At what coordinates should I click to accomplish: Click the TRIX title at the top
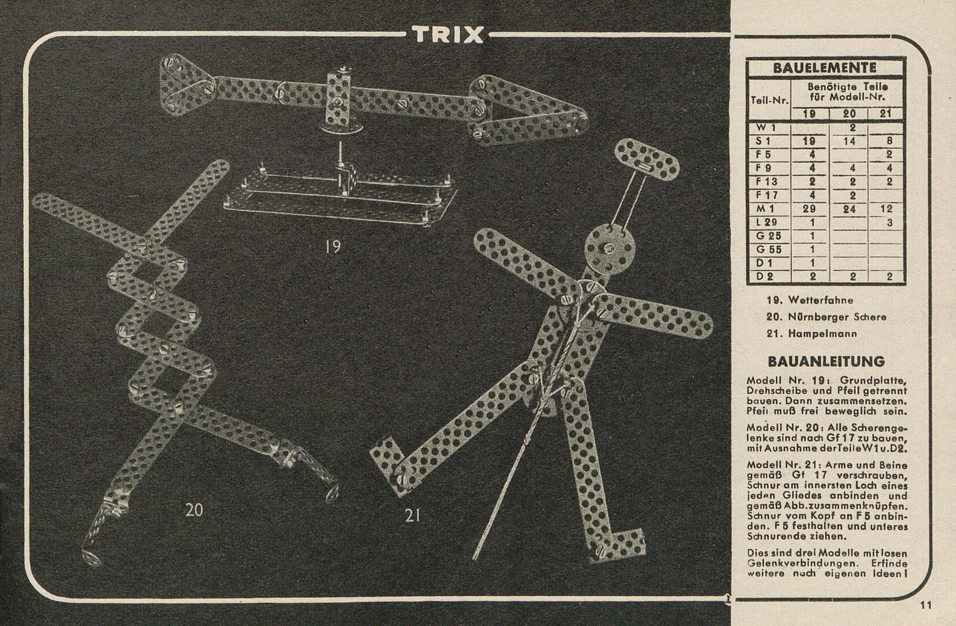448,35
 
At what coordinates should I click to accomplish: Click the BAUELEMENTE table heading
825,68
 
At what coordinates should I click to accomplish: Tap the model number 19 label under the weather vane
332,247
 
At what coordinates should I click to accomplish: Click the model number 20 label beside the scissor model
194,510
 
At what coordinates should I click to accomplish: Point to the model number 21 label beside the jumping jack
412,516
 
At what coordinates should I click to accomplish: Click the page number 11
926,605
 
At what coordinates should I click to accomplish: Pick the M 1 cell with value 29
809,209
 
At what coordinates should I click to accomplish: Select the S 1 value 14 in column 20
849,141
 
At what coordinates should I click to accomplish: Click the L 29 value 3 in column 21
890,222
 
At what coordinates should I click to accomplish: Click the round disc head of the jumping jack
609,248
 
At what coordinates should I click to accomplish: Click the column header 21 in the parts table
885,114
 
